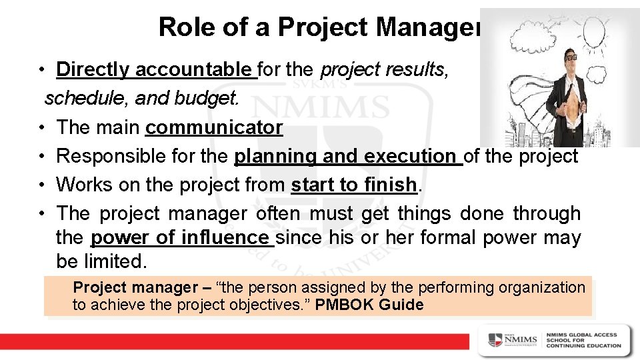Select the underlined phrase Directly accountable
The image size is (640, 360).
pos(157,69)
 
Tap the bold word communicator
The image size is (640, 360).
pos(214,127)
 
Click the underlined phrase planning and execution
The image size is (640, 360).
pos(349,156)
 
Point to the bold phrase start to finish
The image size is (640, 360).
pos(353,185)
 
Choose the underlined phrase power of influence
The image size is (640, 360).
pos(183,237)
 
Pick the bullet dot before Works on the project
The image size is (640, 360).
pos(41,185)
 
